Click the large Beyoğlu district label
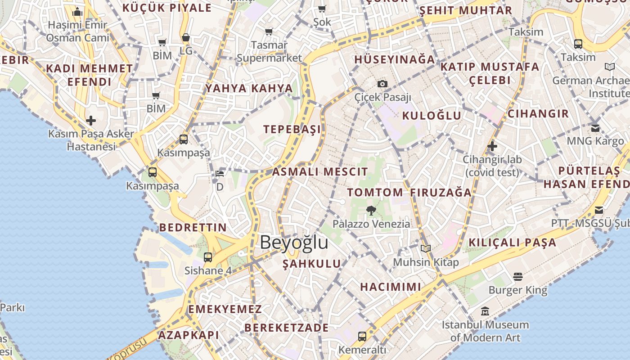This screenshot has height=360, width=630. point(294,243)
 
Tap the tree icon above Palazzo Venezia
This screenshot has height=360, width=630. point(371,210)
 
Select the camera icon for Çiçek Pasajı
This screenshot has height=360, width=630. point(382,84)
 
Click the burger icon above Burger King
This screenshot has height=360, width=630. point(518,276)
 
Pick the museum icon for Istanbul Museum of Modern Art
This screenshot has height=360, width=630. point(485,311)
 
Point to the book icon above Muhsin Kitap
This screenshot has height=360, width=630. point(425,248)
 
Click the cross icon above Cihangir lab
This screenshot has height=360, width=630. point(492,146)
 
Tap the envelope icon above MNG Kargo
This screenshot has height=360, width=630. point(595,128)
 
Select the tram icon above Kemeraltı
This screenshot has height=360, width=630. point(362,336)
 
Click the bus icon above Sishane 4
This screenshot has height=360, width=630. point(207,257)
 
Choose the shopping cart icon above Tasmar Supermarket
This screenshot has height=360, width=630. point(269,31)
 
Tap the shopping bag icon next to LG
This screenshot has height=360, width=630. point(185,38)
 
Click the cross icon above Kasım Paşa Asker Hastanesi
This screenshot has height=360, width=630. point(91,120)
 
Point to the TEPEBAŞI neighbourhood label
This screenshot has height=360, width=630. point(292,129)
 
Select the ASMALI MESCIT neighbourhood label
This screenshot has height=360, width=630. point(320,171)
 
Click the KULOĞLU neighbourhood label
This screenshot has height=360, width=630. point(432,115)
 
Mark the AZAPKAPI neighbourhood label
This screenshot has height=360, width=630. point(189,335)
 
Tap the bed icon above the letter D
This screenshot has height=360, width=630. point(220,173)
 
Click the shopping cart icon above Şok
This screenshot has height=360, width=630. point(322,9)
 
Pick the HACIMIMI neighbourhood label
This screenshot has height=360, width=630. point(391,287)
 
